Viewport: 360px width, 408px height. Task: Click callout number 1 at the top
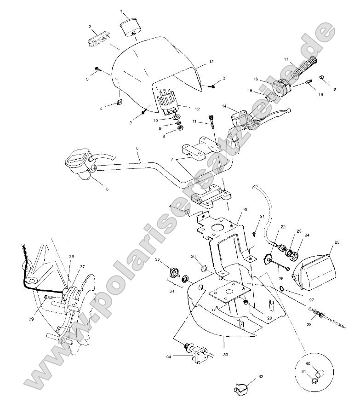coord(121,11)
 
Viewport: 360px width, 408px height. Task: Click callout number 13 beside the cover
coord(211,61)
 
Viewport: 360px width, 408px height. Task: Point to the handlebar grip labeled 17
coord(305,67)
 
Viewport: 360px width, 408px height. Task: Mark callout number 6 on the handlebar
coord(137,148)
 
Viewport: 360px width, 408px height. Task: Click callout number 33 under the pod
coord(226,355)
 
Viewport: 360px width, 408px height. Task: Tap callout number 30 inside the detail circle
coord(309,363)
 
